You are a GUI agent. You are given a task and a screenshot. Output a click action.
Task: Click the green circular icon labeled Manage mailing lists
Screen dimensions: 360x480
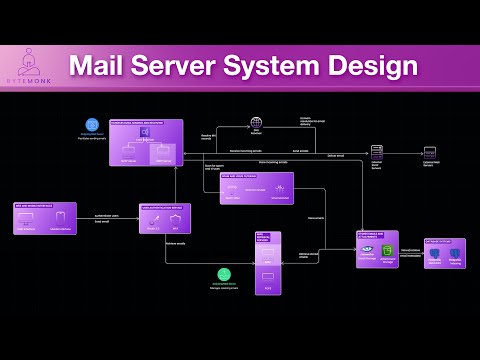[225, 274]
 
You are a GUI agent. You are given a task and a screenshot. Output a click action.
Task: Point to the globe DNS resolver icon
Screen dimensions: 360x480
[256, 123]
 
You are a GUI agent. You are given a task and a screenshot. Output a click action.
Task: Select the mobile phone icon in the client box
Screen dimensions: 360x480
[62, 217]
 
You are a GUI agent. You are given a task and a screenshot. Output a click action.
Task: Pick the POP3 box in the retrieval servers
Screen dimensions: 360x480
[267, 275]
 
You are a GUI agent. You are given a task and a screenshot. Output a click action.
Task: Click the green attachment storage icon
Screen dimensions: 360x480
[388, 251]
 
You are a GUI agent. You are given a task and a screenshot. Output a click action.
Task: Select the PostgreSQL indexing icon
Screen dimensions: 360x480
[434, 254]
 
